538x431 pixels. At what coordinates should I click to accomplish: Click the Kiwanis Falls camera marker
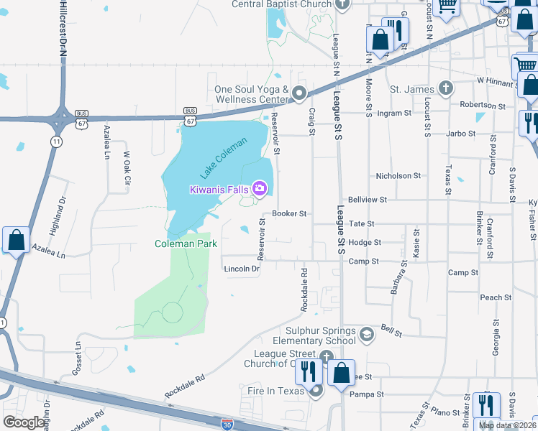coord(260,190)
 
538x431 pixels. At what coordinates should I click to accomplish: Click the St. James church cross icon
coord(446,89)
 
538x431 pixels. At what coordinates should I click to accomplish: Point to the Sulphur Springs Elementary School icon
coord(367,334)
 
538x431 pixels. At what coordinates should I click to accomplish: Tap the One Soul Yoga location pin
coord(299,93)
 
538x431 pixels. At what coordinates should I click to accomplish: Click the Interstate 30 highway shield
coord(227,425)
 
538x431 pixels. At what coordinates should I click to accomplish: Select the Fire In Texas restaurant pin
coord(315,391)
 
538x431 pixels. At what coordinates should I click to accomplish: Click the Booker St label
coord(290,214)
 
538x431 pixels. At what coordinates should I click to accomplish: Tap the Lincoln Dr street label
coord(242,269)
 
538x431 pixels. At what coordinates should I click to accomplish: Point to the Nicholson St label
coord(398,176)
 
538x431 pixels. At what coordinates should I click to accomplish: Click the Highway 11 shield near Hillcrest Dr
coord(55,142)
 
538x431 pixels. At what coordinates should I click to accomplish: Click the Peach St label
coord(496,297)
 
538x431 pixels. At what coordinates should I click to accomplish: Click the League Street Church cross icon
coord(326,357)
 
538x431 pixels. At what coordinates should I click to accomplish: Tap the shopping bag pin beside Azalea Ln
coord(16,241)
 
